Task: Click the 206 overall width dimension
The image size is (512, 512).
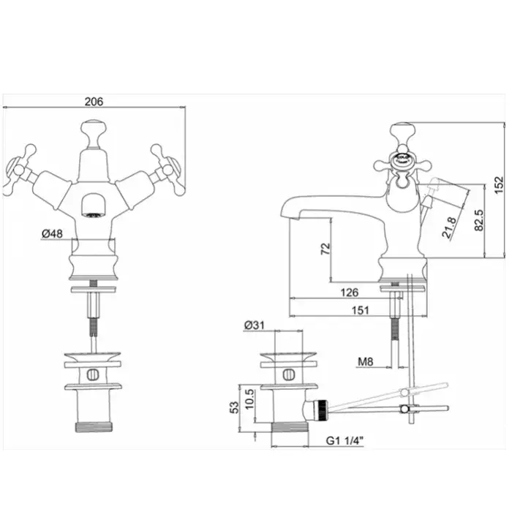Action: (94, 102)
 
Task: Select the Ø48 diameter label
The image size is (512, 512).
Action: (52, 233)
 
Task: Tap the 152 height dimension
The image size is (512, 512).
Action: (499, 185)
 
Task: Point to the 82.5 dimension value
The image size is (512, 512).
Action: (479, 220)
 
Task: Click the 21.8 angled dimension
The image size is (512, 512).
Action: (448, 227)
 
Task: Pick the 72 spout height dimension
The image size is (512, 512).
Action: (325, 249)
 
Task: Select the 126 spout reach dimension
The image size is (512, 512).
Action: (350, 293)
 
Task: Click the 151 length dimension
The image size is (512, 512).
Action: (361, 310)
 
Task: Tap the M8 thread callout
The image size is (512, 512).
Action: (366, 361)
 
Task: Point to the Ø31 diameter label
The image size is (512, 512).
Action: (254, 325)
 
